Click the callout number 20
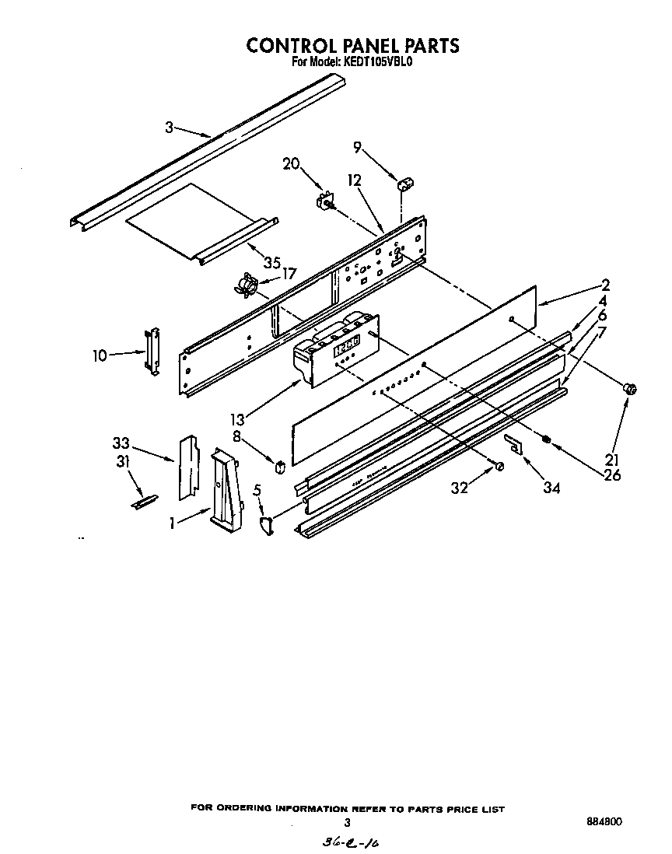(291, 163)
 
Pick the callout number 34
(553, 488)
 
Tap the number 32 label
(461, 488)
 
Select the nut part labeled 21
(632, 387)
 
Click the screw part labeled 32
(499, 466)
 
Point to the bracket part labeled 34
(513, 443)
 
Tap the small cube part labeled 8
(278, 466)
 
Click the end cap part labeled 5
(264, 526)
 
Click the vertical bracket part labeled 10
(152, 352)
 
